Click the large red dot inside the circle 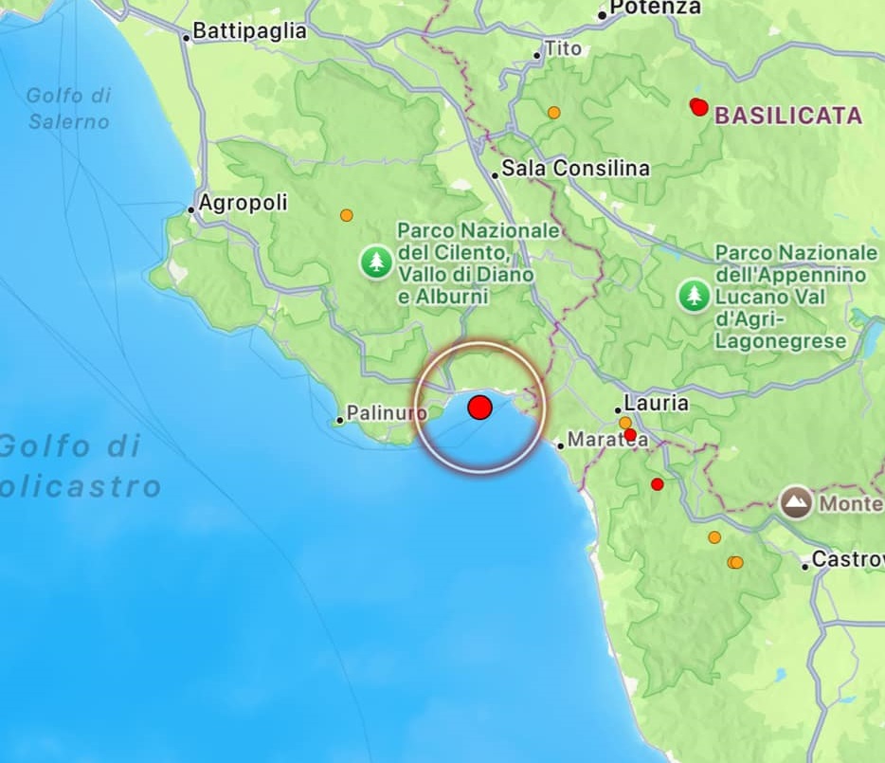click(x=480, y=408)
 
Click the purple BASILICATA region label click(x=788, y=116)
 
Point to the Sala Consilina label click(x=576, y=168)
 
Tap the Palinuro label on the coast click(x=386, y=413)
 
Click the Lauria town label click(x=657, y=403)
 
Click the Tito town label click(x=562, y=47)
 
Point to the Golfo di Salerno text click(x=68, y=108)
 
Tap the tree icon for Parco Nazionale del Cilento click(x=377, y=262)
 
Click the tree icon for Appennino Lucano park click(x=695, y=296)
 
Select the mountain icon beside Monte click(x=797, y=502)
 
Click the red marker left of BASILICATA click(x=699, y=106)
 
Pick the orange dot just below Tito click(x=553, y=112)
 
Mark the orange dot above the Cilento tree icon click(x=347, y=215)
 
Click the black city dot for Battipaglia click(x=187, y=38)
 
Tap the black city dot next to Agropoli click(x=191, y=209)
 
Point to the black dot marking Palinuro click(x=340, y=420)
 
